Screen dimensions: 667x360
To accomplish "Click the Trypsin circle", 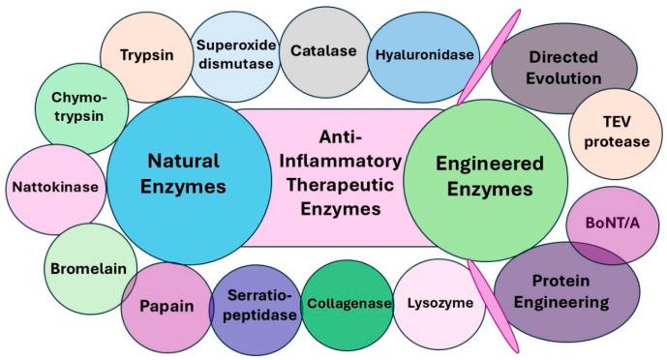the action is pyautogui.click(x=143, y=55).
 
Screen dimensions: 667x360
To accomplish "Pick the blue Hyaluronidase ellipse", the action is pyautogui.click(x=424, y=55).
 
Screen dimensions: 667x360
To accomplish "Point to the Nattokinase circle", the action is pyautogui.click(x=55, y=186).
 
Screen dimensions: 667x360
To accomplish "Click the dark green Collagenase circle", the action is pyautogui.click(x=349, y=303).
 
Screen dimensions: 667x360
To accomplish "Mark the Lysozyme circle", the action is pyautogui.click(x=441, y=304).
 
